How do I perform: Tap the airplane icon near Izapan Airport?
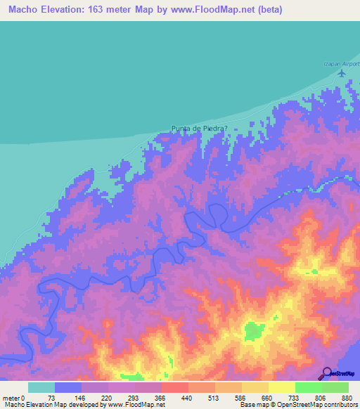point(342,72)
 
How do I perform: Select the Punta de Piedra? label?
point(200,129)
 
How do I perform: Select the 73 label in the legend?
point(55,397)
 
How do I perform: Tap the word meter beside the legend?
point(11,397)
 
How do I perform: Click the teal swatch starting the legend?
point(41,387)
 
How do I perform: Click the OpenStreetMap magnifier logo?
point(326,372)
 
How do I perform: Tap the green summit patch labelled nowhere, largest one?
point(254,330)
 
